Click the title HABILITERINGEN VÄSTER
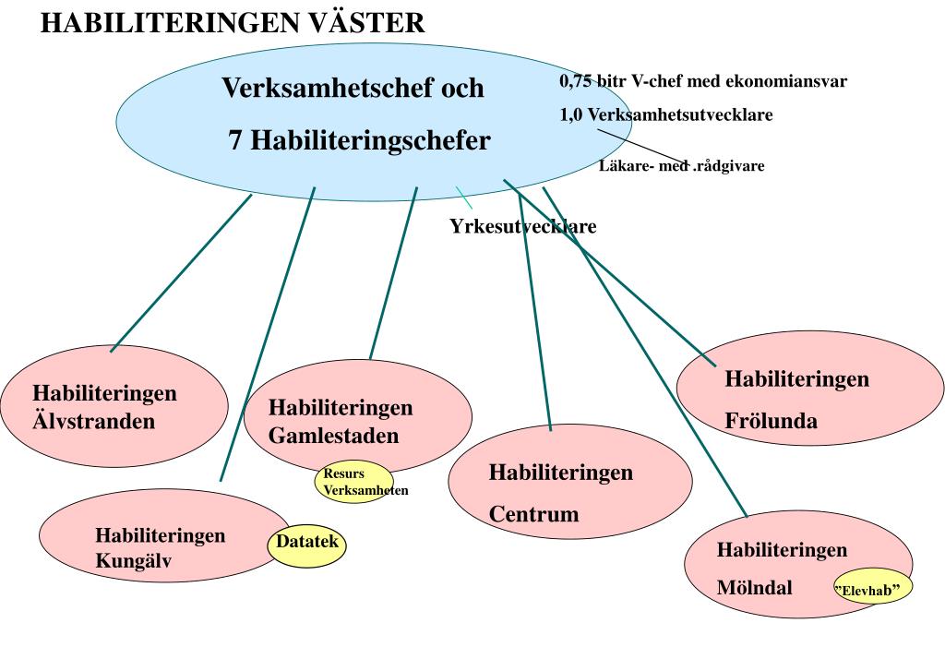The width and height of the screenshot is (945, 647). pyautogui.click(x=233, y=23)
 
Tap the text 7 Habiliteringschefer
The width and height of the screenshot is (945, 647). pyautogui.click(x=360, y=141)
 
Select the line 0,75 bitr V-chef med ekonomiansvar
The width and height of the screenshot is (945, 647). pyautogui.click(x=703, y=81)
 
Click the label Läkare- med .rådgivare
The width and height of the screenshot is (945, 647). pyautogui.click(x=681, y=166)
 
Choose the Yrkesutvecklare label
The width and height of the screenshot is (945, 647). pyautogui.click(x=523, y=227)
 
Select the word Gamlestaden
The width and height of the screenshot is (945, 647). pyautogui.click(x=334, y=437)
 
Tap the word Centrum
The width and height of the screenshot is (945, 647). pyautogui.click(x=533, y=514)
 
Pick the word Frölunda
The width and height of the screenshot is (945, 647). pyautogui.click(x=771, y=422)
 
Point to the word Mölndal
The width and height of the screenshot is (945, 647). pyautogui.click(x=754, y=587)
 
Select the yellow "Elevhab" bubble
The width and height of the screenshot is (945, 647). pyautogui.click(x=872, y=588)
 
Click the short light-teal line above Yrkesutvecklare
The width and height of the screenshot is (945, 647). pyautogui.click(x=463, y=197)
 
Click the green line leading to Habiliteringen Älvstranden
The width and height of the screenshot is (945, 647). pyautogui.click(x=180, y=273)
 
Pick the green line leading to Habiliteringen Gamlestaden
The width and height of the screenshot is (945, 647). pyautogui.click(x=393, y=273)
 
